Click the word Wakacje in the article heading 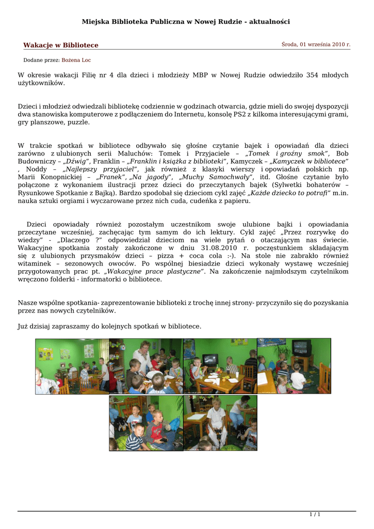coord(38,45)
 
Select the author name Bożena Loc coord(76,60)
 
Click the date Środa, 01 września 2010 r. coord(316,45)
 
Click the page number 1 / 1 coord(315,514)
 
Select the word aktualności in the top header coord(269,22)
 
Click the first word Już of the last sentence coord(23,326)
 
